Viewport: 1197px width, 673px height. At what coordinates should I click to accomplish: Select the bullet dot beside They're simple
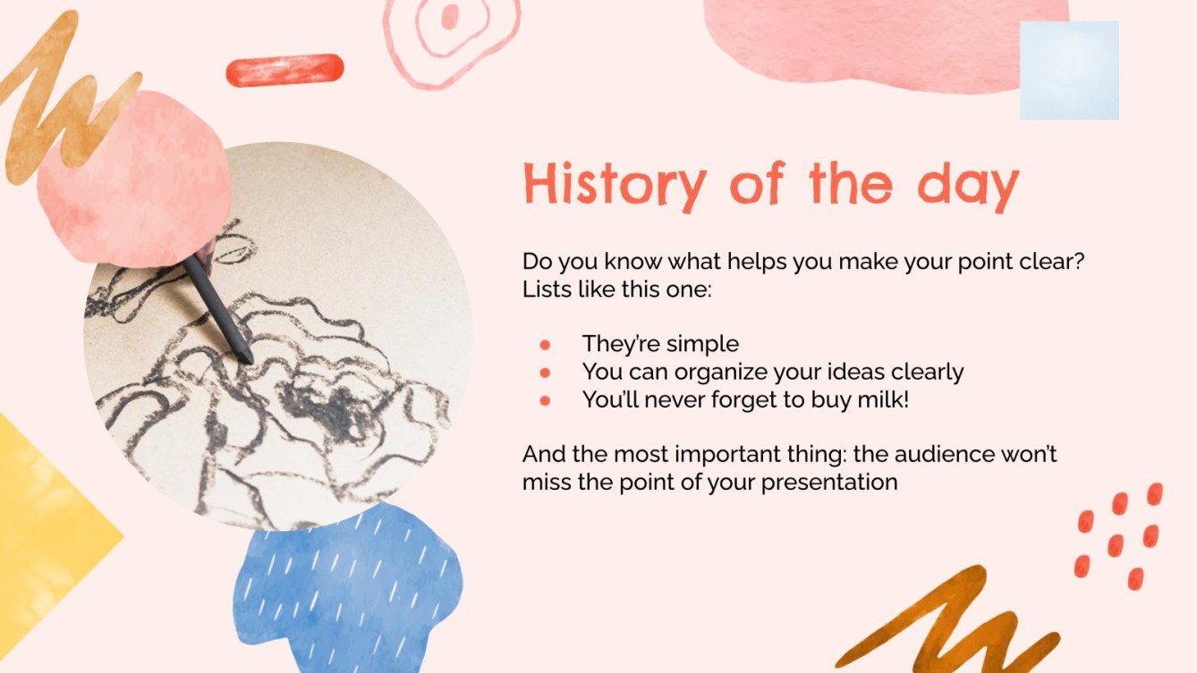(x=546, y=344)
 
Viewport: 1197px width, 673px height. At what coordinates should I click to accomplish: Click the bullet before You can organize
(x=546, y=372)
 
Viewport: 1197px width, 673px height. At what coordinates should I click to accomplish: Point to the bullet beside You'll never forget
(x=546, y=400)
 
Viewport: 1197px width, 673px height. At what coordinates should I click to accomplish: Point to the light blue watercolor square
(x=1069, y=71)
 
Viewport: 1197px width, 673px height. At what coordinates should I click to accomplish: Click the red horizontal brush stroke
(x=284, y=70)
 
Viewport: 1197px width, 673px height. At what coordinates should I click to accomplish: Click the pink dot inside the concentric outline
(x=450, y=16)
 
